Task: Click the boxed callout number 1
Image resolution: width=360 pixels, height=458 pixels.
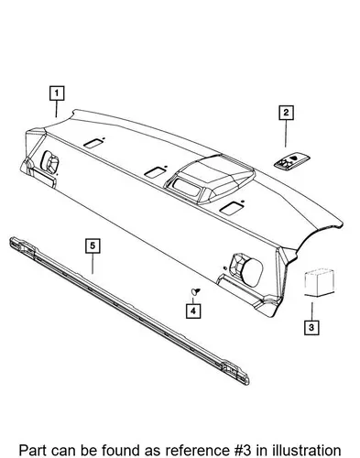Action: (57, 93)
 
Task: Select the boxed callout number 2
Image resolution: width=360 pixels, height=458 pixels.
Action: (286, 113)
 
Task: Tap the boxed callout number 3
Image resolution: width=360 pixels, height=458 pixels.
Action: (311, 327)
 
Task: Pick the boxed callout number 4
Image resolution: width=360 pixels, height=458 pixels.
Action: (193, 311)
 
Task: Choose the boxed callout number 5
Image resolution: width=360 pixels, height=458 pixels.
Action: (93, 245)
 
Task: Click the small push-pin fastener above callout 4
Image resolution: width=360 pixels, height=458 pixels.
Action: (195, 291)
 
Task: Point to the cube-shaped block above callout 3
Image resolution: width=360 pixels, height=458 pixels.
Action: (319, 282)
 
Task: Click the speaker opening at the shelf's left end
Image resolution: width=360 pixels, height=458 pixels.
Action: (50, 162)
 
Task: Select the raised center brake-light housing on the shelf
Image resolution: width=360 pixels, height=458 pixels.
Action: (210, 180)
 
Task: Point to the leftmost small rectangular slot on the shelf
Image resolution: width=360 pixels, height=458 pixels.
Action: (93, 143)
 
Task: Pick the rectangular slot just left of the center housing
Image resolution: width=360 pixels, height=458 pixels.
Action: (155, 172)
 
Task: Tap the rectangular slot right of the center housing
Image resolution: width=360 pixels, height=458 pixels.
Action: (232, 208)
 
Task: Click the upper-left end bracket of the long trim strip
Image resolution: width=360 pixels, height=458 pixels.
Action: (23, 245)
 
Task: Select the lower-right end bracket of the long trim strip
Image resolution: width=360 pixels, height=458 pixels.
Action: (236, 373)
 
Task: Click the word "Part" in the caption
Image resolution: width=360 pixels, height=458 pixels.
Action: (32, 451)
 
